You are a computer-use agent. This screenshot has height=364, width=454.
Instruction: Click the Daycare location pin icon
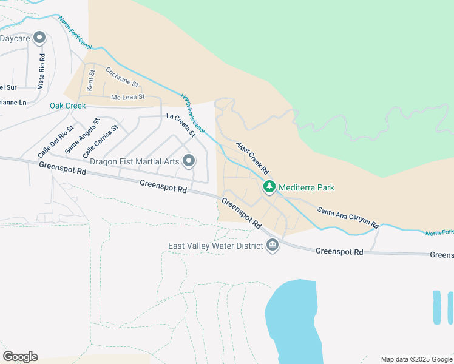40,38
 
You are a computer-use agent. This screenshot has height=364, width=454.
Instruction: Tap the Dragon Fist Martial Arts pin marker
189,161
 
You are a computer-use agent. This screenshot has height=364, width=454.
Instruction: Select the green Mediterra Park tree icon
268,187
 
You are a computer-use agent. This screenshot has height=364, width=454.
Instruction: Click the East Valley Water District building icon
272,246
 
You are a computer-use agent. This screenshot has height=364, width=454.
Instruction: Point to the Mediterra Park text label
306,187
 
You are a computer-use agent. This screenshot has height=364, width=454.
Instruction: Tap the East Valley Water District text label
215,246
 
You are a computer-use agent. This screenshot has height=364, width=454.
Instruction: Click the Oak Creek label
67,106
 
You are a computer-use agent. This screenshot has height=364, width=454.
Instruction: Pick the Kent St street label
91,80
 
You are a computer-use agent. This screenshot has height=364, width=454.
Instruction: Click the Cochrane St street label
122,76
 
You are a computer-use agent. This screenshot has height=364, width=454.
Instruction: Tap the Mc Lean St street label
127,97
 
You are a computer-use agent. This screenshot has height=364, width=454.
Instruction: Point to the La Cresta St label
181,124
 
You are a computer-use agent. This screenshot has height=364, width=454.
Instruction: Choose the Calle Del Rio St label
55,140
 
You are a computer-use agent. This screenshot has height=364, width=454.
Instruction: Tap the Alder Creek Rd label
252,157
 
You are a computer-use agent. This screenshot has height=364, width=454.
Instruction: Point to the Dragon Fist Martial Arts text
135,161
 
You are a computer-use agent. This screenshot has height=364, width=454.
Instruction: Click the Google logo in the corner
20,356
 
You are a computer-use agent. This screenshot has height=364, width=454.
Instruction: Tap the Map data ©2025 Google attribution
416,359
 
